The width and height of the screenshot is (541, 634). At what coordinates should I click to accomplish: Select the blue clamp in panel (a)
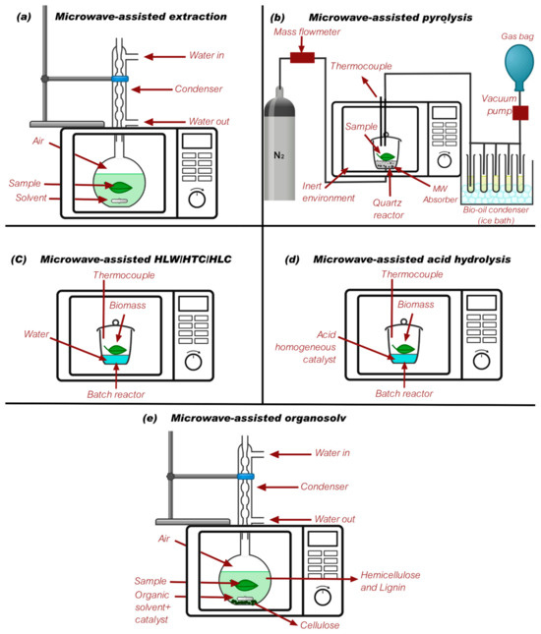(x=120, y=77)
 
